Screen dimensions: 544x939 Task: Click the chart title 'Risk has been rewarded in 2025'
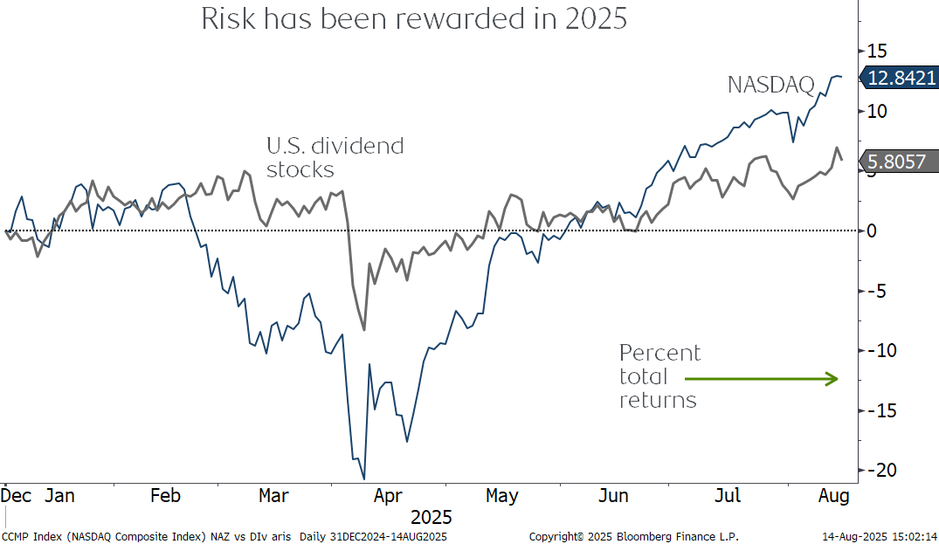414,19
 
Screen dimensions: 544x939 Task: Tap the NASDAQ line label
771,85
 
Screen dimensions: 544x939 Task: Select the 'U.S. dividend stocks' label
335,156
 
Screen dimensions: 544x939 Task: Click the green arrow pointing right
761,379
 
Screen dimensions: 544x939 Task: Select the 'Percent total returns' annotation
659,376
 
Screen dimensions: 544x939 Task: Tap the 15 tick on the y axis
877,50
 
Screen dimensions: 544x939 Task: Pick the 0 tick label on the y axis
871,231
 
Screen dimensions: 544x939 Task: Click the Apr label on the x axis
389,496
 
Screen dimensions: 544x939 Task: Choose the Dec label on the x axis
17,496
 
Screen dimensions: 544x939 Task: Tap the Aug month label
834,496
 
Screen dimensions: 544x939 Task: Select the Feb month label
165,496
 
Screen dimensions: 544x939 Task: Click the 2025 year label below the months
432,517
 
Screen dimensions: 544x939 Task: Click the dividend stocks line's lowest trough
363,330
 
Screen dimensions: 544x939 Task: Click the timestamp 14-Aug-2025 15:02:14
879,535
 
